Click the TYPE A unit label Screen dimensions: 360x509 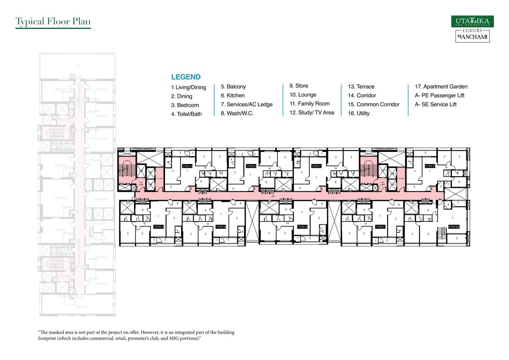[x=187, y=166]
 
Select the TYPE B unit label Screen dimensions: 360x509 [x=251, y=166]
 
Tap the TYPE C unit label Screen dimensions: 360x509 [x=316, y=166]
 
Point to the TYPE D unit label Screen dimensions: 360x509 [x=430, y=166]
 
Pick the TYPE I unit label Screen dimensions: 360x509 [x=158, y=226]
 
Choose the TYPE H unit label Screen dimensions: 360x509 [x=221, y=226]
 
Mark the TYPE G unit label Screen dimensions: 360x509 [x=302, y=226]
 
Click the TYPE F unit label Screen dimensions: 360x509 [x=380, y=226]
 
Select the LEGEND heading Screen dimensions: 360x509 [x=186, y=77]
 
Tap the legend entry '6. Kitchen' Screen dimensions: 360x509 [x=232, y=95]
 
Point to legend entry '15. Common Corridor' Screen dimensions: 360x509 [x=374, y=104]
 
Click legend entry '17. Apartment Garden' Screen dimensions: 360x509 [x=441, y=87]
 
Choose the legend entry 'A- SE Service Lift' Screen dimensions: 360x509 [x=435, y=104]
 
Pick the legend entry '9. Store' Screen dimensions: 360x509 [x=299, y=86]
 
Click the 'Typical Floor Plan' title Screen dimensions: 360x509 [x=52, y=22]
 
